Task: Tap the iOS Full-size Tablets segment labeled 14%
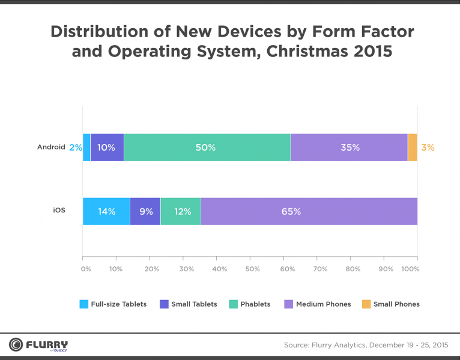tap(106, 211)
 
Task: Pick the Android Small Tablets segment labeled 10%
tap(107, 148)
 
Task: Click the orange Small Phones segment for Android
tap(413, 148)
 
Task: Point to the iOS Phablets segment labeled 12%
tap(181, 211)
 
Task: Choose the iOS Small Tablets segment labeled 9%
tap(145, 211)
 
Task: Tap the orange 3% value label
tap(428, 148)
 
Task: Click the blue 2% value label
tap(75, 148)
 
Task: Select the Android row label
tap(51, 147)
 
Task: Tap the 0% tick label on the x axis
tap(85, 269)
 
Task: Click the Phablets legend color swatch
tap(234, 304)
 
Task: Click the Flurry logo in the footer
tap(38, 345)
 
